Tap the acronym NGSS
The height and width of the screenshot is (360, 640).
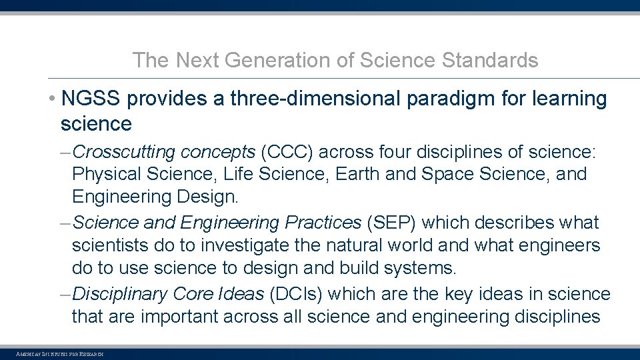coord(90,99)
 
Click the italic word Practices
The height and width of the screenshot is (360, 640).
coord(323,222)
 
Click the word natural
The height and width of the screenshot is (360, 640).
coord(356,245)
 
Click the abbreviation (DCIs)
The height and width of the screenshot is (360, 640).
coord(297,294)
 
